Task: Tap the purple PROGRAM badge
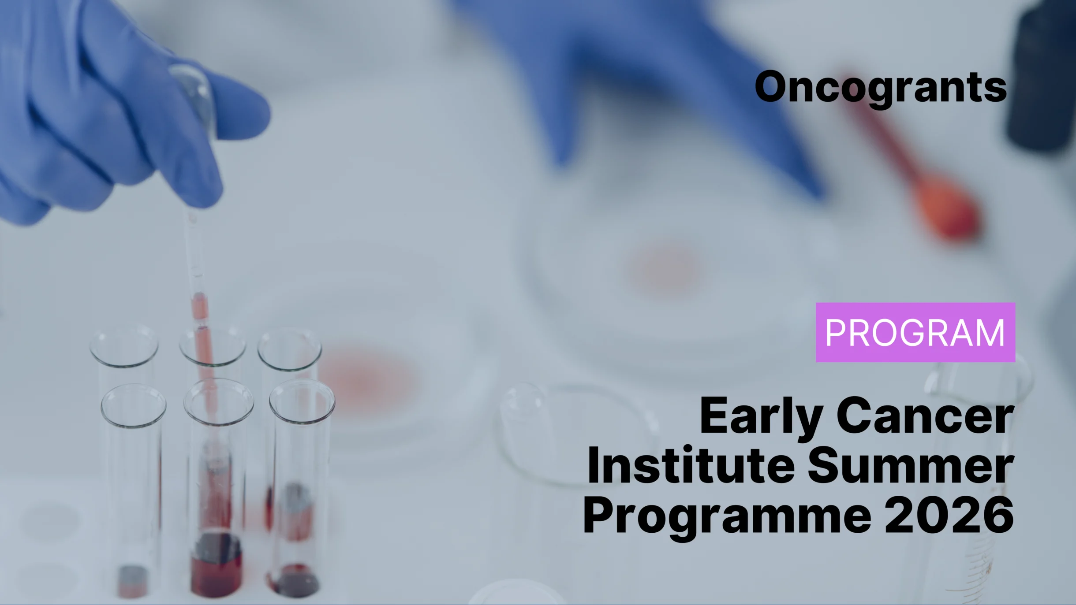pos(915,332)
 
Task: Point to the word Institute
pos(691,465)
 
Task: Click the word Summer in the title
pos(911,465)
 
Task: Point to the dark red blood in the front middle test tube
pos(217,564)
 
